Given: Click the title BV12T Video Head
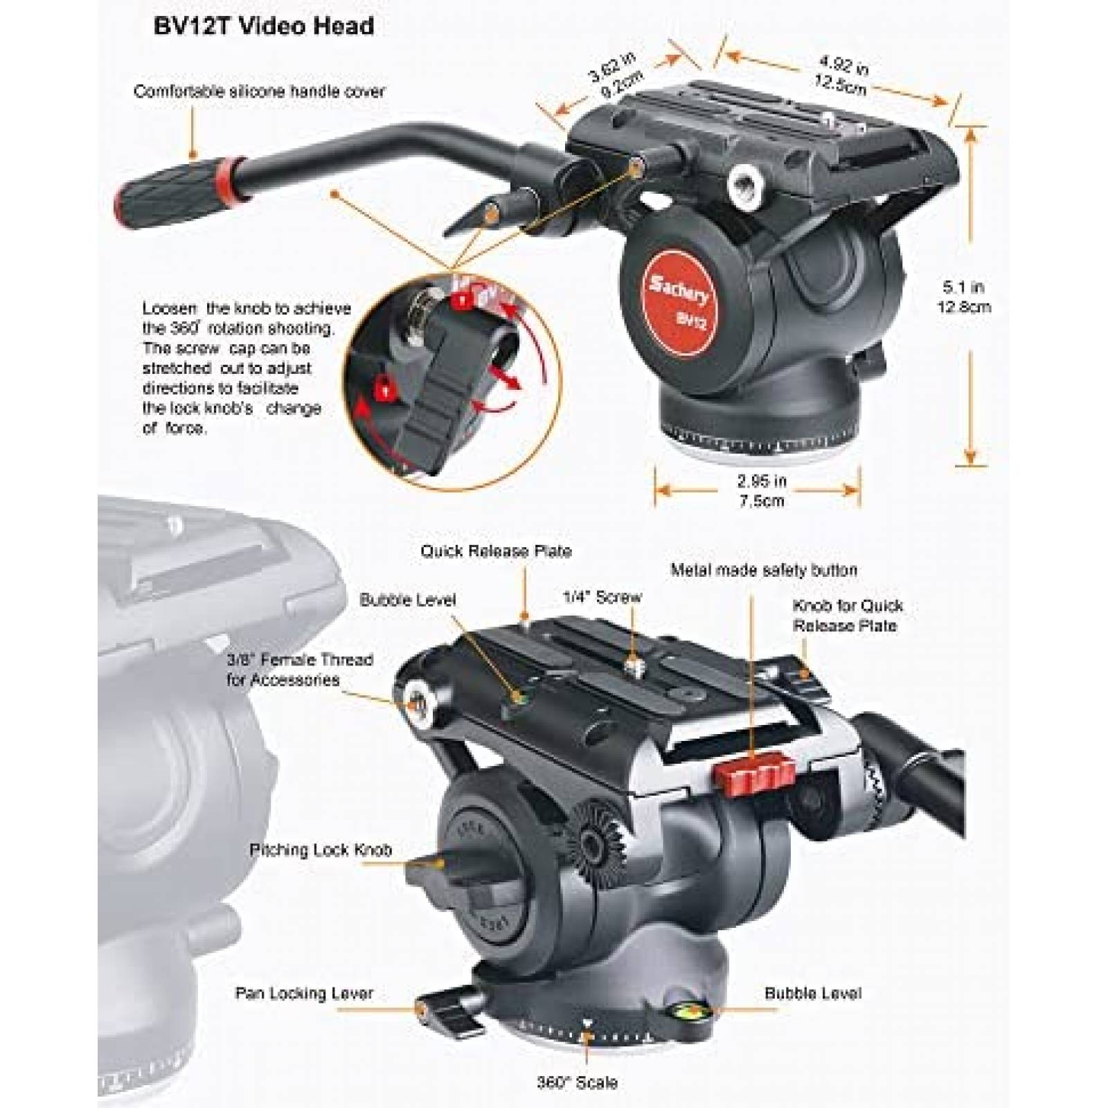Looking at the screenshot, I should click(x=262, y=26).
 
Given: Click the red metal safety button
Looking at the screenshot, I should click(x=760, y=751).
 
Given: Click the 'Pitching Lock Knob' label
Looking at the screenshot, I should click(x=321, y=850).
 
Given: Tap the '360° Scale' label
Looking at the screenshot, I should click(x=576, y=1082).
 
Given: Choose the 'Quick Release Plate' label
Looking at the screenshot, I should click(x=496, y=551).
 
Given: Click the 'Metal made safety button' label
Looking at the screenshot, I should click(x=763, y=570).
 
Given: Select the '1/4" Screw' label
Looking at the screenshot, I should click(x=601, y=597).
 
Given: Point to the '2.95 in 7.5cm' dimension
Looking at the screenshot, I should click(x=760, y=490).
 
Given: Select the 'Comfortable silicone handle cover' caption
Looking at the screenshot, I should click(x=259, y=91).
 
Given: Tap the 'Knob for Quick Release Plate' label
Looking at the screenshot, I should click(x=847, y=615).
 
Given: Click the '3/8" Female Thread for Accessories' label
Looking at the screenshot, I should click(x=299, y=670).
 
